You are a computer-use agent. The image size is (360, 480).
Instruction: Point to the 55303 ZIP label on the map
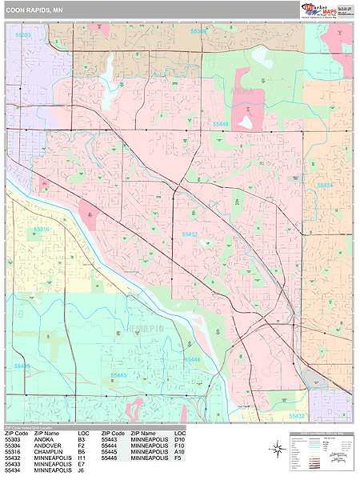pos(23,35)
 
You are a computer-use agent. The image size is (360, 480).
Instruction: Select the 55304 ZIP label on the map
pos(199,31)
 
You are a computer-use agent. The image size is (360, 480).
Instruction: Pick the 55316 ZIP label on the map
pos(42,229)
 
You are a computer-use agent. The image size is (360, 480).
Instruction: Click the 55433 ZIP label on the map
pos(190,234)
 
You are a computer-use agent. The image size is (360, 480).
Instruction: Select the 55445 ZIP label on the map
pos(22,366)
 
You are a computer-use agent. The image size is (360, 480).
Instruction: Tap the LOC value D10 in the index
pos(179,438)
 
